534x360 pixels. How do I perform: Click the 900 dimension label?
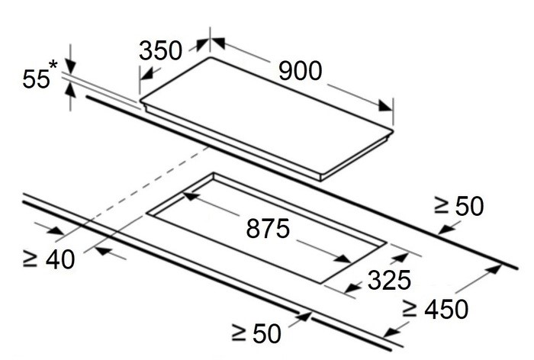[300, 71]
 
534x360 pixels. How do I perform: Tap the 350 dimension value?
[160, 51]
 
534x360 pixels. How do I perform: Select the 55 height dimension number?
[36, 79]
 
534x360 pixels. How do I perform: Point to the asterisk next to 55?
[53, 65]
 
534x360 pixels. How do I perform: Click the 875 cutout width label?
[268, 228]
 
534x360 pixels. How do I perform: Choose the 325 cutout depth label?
[389, 280]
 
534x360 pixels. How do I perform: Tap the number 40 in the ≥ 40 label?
[60, 259]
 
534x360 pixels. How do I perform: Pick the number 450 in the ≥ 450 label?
[446, 309]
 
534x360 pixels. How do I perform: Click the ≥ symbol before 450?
[409, 309]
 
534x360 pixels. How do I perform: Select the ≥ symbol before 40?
[30, 259]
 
